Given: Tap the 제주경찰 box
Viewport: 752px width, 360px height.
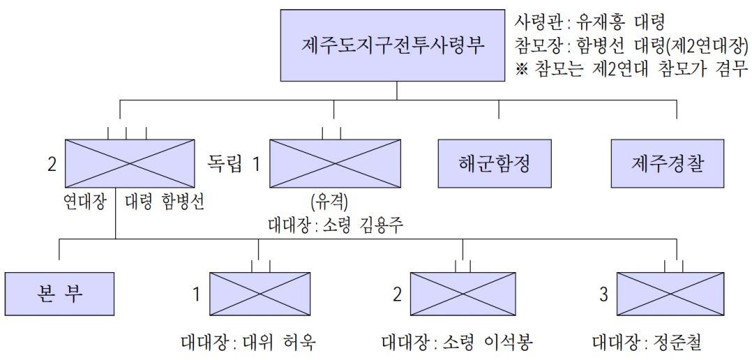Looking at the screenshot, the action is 668,163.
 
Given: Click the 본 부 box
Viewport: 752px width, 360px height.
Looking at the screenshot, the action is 59,293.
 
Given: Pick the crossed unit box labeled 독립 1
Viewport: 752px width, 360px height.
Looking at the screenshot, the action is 335,163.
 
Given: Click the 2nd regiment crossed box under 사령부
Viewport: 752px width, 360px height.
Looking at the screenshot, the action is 130,163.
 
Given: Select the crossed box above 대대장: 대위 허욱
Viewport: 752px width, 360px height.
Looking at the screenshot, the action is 260,293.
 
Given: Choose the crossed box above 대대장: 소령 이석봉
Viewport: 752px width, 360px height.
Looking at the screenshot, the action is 463,293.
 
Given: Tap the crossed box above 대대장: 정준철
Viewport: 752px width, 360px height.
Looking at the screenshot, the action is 670,293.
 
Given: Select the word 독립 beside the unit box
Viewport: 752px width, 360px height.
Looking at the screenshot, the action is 225,163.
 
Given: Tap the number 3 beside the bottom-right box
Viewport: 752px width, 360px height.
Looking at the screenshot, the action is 603,294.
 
